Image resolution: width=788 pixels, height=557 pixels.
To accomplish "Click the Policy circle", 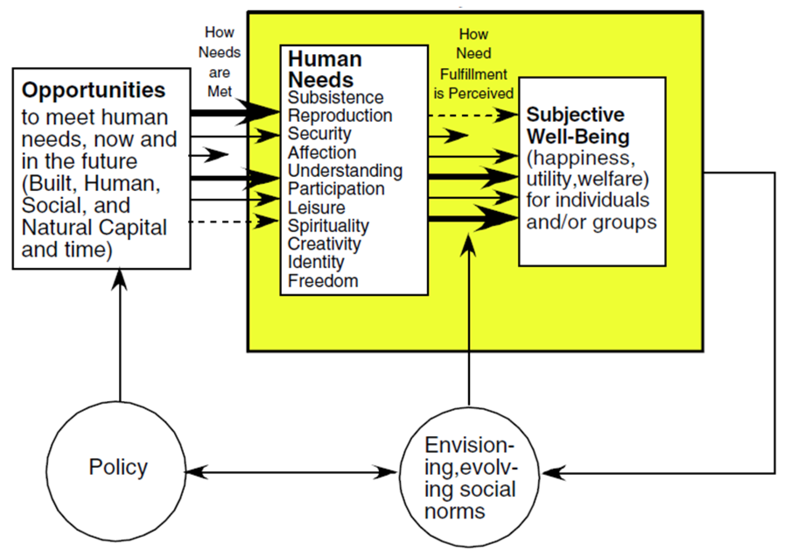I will click(116, 471).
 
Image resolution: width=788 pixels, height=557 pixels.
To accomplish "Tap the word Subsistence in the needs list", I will click(335, 98).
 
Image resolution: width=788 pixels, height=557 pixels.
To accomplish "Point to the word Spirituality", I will click(328, 226).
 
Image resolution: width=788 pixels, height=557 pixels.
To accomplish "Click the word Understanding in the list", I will click(345, 171).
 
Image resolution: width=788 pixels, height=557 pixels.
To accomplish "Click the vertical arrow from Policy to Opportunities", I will click(120, 337).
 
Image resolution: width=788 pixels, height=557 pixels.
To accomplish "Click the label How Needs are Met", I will click(219, 62).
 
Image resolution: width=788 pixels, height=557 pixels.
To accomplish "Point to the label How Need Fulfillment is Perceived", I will click(473, 64).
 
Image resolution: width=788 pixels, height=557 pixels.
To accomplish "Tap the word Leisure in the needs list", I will click(316, 207).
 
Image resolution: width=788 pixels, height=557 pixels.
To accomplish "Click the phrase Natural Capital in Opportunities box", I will click(94, 227).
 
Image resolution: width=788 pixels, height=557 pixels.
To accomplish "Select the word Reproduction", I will click(340, 115).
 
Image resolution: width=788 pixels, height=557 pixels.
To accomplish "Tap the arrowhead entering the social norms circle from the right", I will click(553, 473).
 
